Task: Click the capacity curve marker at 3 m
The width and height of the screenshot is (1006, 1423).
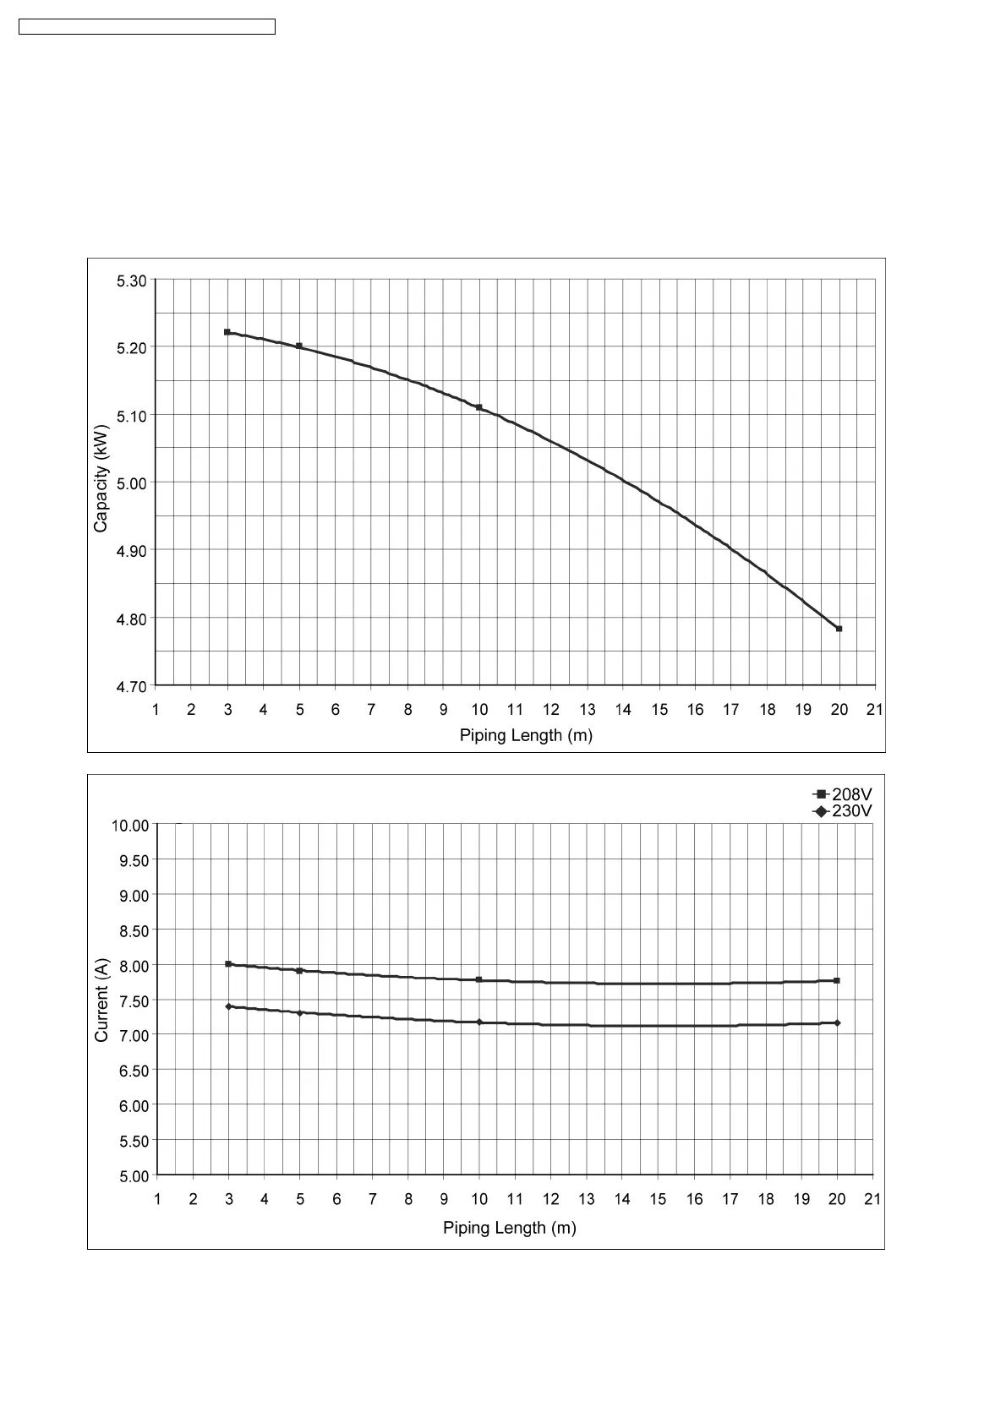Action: click(227, 332)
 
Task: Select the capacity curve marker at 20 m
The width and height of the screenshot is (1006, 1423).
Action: click(839, 629)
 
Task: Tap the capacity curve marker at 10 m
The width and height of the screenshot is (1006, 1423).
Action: click(479, 407)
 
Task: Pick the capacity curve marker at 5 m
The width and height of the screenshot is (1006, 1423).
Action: click(299, 346)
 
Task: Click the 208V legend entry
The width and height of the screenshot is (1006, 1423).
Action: click(842, 794)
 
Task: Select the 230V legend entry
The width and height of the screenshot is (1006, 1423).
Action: click(842, 811)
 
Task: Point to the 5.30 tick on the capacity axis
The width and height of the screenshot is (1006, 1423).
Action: click(132, 281)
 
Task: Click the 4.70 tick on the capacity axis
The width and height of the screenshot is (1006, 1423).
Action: click(132, 686)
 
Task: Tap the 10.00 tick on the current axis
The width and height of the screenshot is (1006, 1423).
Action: click(130, 826)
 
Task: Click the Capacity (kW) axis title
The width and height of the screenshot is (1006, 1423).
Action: click(101, 478)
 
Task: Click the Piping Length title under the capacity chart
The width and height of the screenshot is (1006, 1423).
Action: click(526, 735)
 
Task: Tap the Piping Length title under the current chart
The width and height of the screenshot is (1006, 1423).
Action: click(510, 1228)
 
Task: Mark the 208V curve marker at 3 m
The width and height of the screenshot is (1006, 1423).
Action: click(228, 964)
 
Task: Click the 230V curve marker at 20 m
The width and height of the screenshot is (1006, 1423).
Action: click(837, 1023)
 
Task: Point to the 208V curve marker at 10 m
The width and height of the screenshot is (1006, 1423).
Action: click(479, 980)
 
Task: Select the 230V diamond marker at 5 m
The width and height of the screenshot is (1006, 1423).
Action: click(300, 1013)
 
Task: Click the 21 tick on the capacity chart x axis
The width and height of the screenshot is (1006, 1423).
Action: click(875, 710)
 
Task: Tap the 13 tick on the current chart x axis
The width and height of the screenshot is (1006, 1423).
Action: click(587, 1199)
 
